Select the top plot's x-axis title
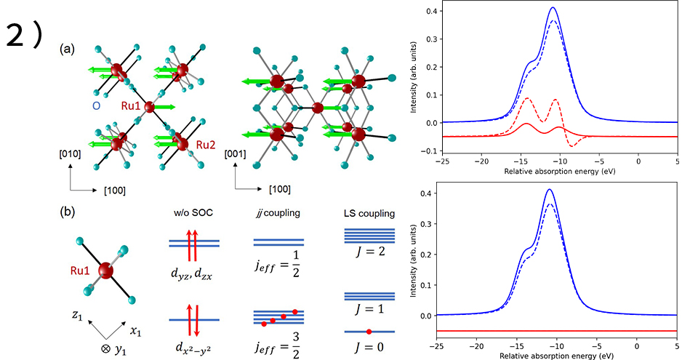pos(558,176)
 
